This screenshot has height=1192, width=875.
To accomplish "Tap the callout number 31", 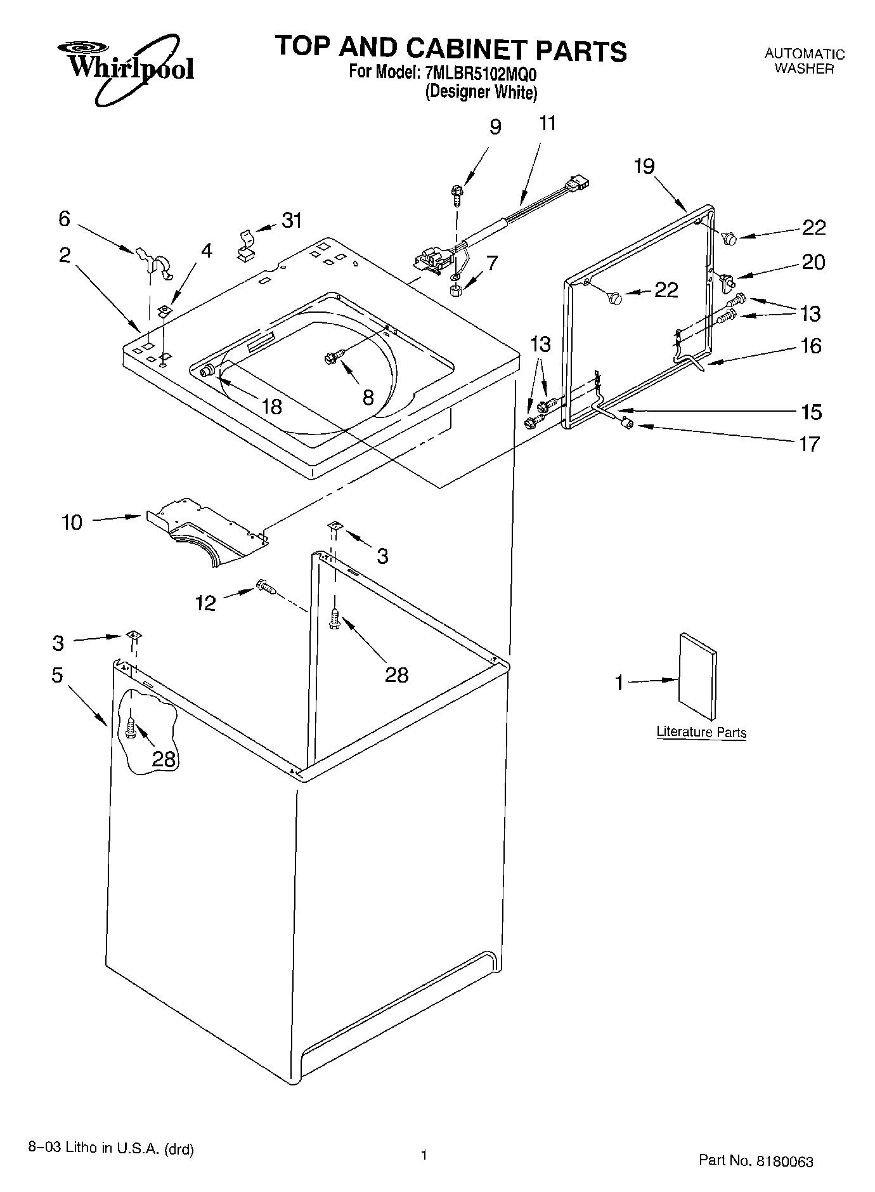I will coord(292,221).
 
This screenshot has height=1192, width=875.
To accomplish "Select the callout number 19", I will coord(644,166).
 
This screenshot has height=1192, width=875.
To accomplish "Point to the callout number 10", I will coord(72,523).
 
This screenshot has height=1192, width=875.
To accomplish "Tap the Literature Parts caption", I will coord(701,731).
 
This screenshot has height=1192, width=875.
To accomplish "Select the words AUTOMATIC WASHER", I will coord(804,62).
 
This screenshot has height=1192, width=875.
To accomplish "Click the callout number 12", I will coord(205,603).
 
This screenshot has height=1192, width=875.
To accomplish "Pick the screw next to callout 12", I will coord(266,587).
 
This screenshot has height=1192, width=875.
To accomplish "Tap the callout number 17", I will coord(810,444).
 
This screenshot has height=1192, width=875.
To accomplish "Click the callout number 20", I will coord(814,262).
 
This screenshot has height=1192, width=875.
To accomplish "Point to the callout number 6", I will coord(64,219).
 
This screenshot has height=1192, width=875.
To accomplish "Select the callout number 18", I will coord(271,407).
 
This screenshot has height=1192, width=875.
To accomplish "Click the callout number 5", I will coord(57,676).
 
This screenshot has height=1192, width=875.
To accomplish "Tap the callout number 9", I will coord(496,127).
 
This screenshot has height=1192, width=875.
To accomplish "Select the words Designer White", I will coord(481,93).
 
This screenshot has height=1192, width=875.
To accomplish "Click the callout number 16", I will coord(811,346).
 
